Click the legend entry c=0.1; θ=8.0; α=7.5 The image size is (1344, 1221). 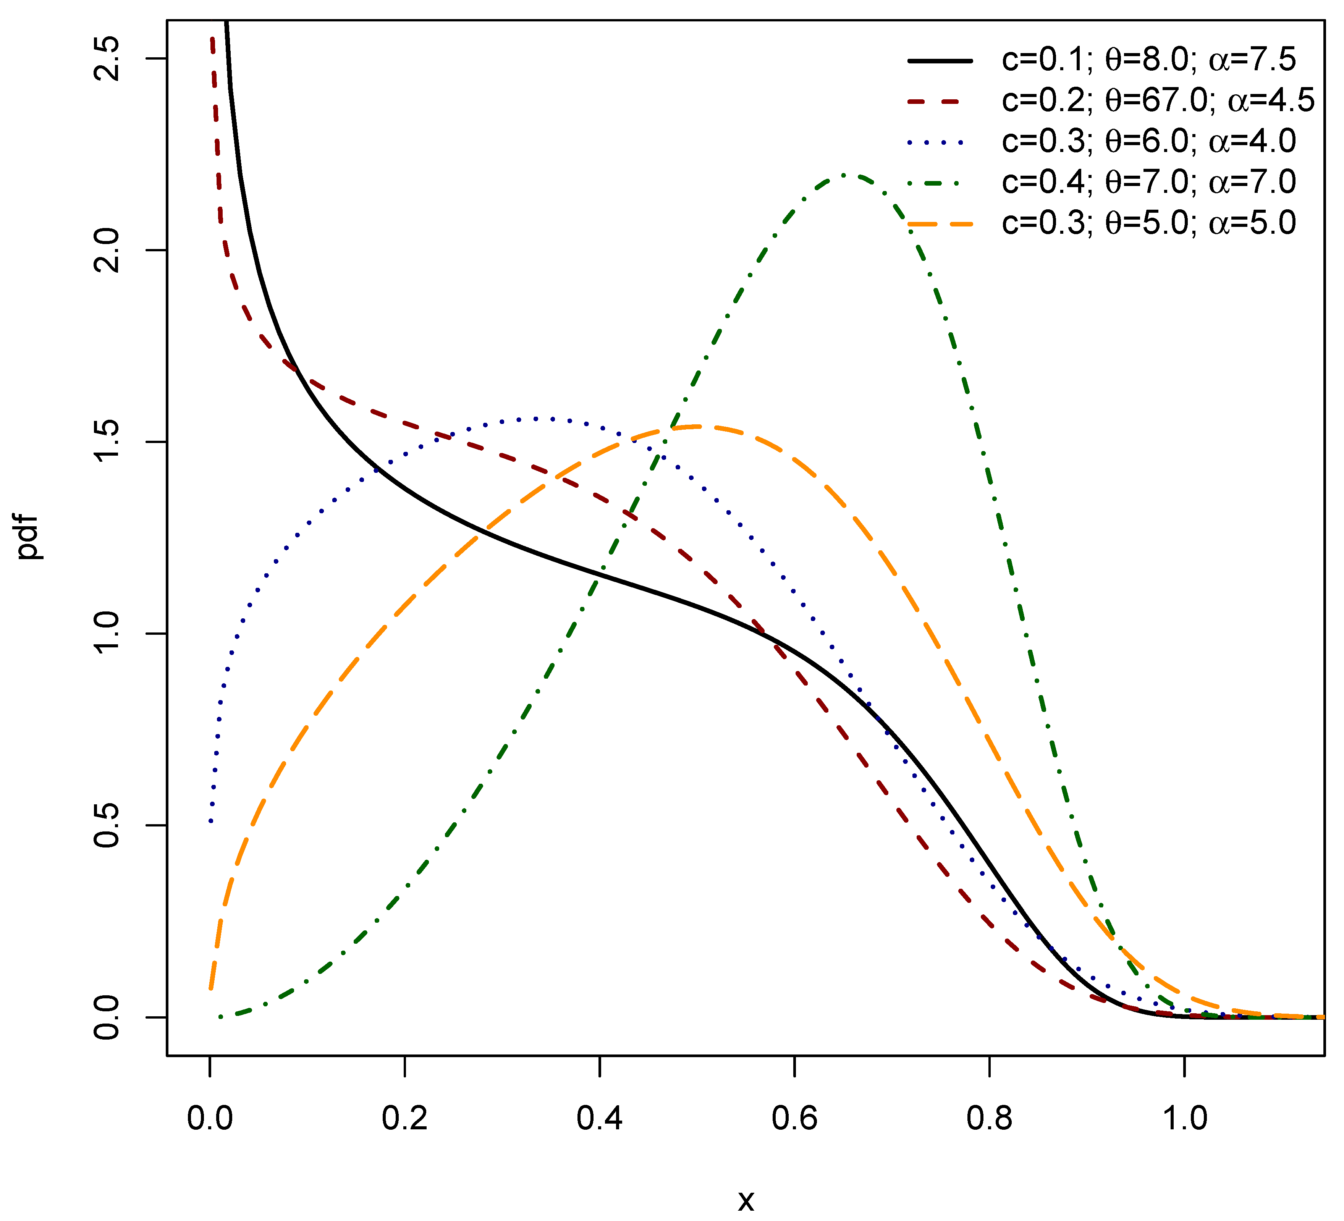(1148, 60)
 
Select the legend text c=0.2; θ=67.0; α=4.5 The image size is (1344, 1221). (1157, 101)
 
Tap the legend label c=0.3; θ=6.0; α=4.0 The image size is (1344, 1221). (1148, 141)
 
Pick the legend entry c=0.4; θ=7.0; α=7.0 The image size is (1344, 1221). (1148, 182)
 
